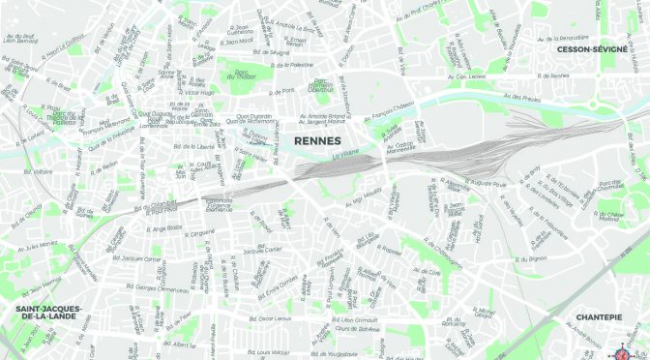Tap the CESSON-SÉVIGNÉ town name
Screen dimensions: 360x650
tap(599, 48)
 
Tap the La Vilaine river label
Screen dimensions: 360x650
tap(345, 155)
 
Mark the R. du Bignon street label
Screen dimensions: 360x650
tap(531, 259)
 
